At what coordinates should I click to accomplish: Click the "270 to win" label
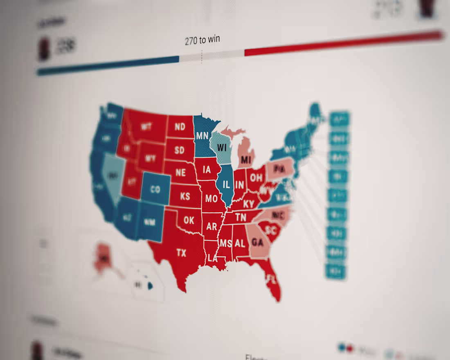[x=202, y=40]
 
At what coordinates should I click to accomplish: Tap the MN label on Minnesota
[x=202, y=135]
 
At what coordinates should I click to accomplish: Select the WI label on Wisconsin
[x=222, y=147]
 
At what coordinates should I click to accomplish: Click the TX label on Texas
[x=181, y=253]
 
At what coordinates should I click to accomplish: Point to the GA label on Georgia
[x=257, y=242]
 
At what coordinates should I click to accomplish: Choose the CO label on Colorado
[x=155, y=189]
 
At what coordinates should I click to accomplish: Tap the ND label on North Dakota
[x=180, y=127]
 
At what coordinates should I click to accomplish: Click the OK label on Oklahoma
[x=189, y=220]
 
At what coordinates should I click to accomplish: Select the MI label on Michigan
[x=246, y=159]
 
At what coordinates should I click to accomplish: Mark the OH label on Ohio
[x=256, y=178]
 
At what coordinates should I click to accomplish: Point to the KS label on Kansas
[x=185, y=196]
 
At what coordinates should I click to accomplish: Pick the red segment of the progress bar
[x=344, y=43]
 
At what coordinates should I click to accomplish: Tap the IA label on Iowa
[x=207, y=169]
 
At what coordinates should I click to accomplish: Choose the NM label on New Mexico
[x=149, y=222]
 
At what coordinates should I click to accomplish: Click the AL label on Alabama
[x=240, y=243]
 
